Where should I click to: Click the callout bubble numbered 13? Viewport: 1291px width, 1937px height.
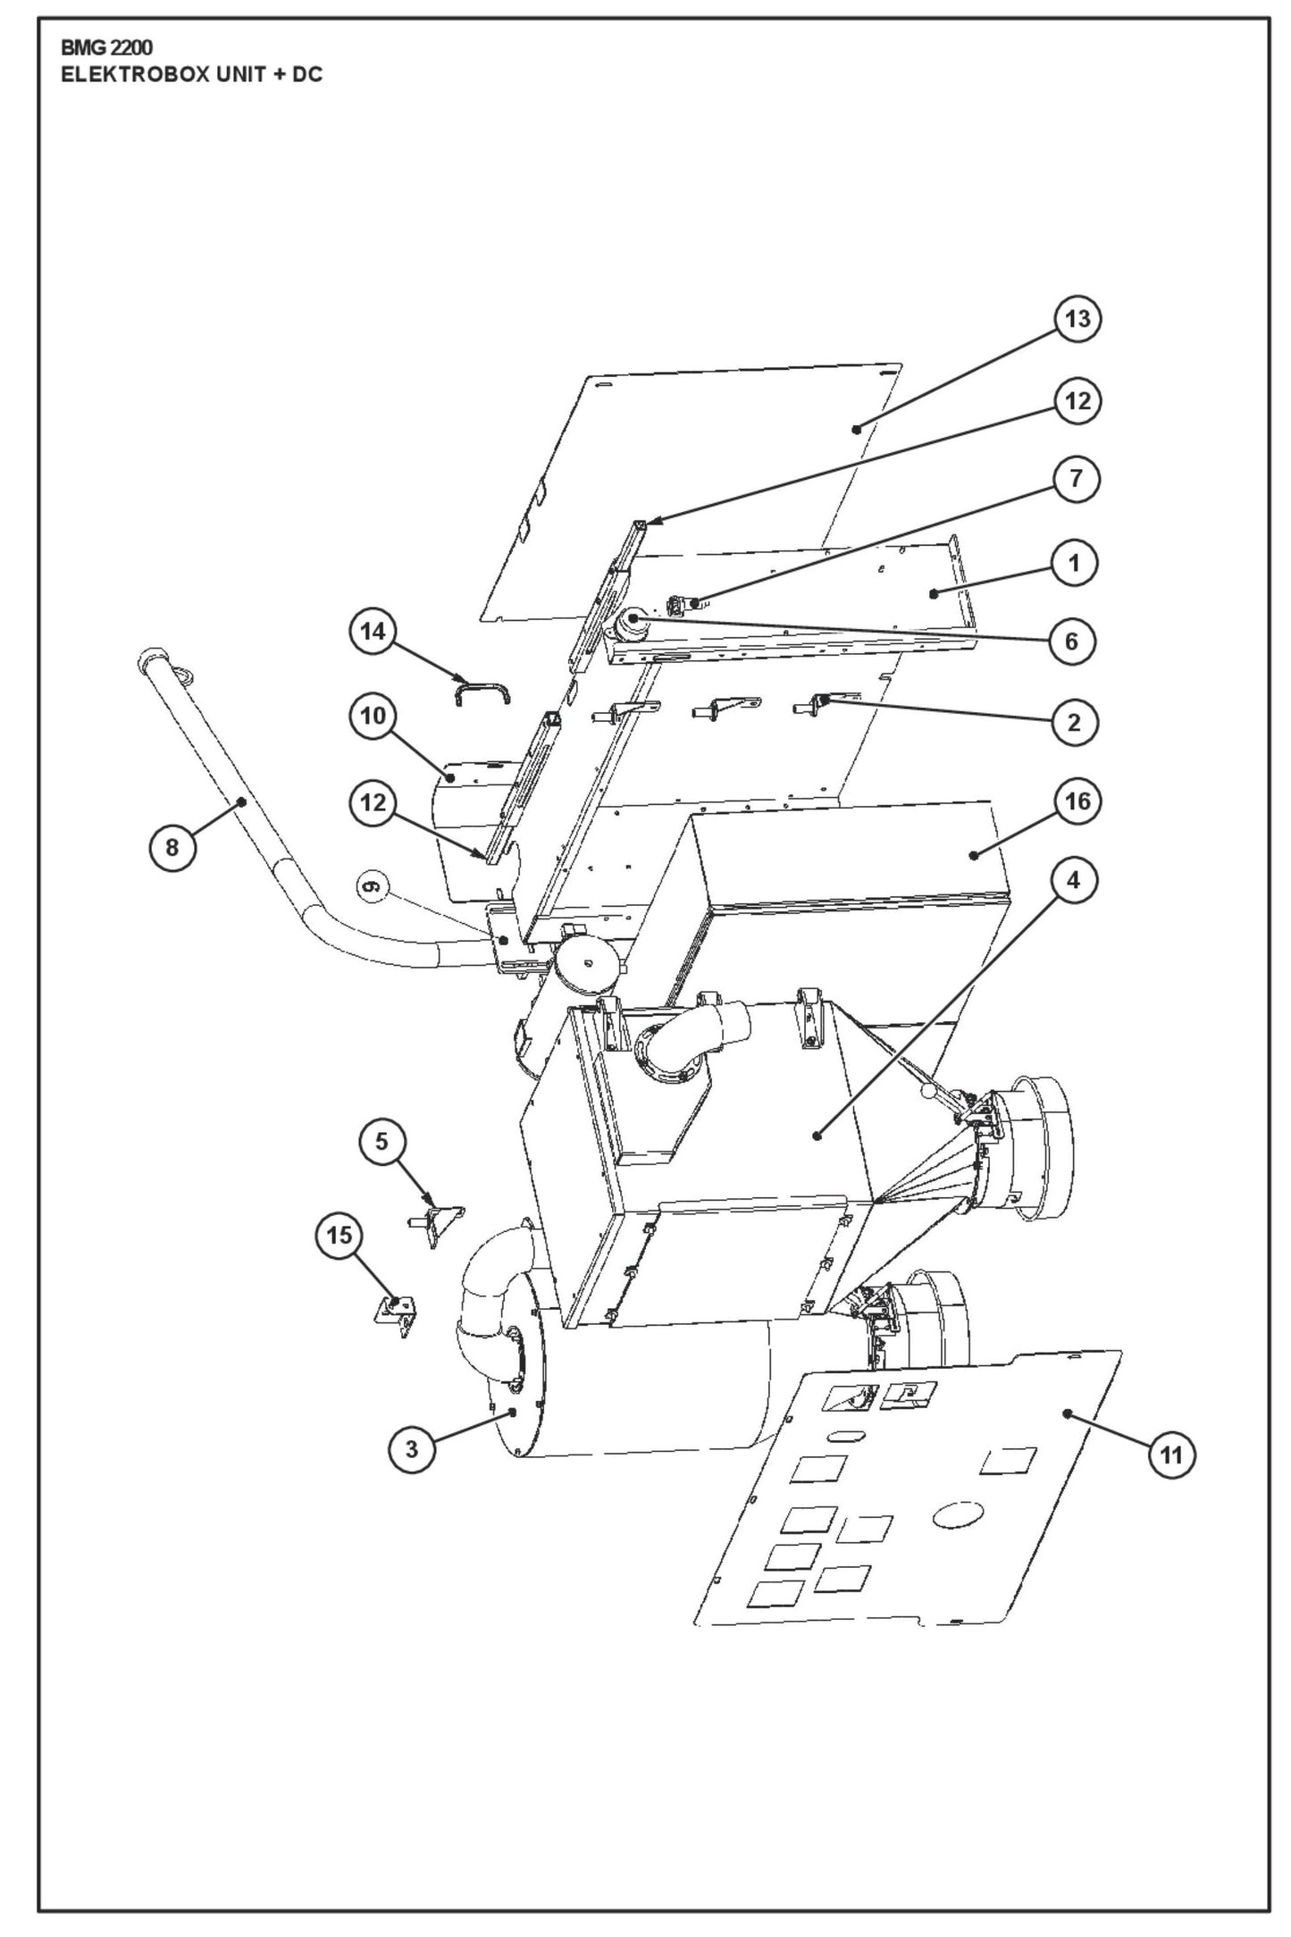pyautogui.click(x=1077, y=319)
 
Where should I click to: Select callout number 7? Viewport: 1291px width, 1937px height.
pyautogui.click(x=1076, y=479)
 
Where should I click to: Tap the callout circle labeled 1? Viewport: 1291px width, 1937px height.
pyautogui.click(x=1074, y=563)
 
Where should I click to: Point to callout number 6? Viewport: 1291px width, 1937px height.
pyautogui.click(x=1072, y=641)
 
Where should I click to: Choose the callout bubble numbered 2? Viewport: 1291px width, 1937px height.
pyautogui.click(x=1074, y=722)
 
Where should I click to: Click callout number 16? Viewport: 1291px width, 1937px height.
pyautogui.click(x=1077, y=801)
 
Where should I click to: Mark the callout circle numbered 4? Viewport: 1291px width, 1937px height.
pyautogui.click(x=1073, y=880)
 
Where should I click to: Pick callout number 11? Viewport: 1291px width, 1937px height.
pyautogui.click(x=1170, y=1456)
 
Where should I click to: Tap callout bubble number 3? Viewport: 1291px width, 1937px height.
pyautogui.click(x=412, y=1449)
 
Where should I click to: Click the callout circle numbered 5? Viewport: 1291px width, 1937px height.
pyautogui.click(x=382, y=1142)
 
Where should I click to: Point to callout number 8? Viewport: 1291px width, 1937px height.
pyautogui.click(x=172, y=846)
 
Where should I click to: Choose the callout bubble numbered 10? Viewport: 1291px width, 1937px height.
pyautogui.click(x=373, y=717)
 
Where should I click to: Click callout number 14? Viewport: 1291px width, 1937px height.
pyautogui.click(x=373, y=631)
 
